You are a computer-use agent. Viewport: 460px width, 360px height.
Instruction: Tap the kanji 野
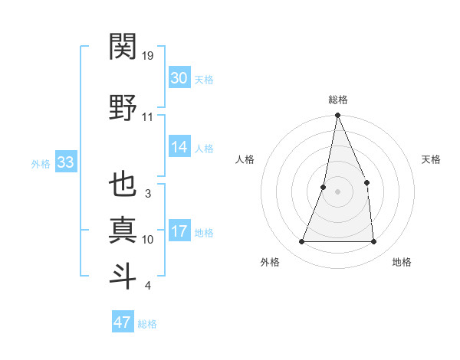tap(123, 107)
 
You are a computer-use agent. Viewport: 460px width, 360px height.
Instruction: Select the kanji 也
tap(123, 186)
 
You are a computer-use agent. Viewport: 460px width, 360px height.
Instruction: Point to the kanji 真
tap(123, 231)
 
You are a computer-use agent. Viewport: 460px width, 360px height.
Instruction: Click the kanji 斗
tap(123, 276)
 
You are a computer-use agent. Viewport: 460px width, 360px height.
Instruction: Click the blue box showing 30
tap(179, 78)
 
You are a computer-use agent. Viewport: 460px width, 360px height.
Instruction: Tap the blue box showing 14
tap(179, 148)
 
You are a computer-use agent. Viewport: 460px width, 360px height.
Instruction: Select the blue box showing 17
tap(179, 232)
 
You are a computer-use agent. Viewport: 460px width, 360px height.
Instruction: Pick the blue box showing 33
tap(65, 162)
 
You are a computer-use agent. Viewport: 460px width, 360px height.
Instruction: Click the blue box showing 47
tap(123, 322)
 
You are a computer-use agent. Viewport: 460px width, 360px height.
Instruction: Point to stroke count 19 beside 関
tap(149, 55)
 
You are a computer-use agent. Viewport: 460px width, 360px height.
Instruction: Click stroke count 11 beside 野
tap(147, 116)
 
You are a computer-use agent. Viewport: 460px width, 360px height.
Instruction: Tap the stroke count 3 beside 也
tap(147, 193)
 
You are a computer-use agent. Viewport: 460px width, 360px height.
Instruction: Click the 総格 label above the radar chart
tap(337, 100)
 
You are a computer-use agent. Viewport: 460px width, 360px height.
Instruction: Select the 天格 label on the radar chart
tap(432, 159)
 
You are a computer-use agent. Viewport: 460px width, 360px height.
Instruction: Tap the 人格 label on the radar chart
tap(245, 159)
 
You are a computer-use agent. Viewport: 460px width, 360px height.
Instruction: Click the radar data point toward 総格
tap(337, 116)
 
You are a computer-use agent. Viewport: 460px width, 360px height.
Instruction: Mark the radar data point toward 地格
tap(374, 242)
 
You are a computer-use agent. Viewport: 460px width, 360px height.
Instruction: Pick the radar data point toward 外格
tap(301, 242)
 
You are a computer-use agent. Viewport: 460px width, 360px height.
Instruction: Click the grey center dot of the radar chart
tap(337, 191)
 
